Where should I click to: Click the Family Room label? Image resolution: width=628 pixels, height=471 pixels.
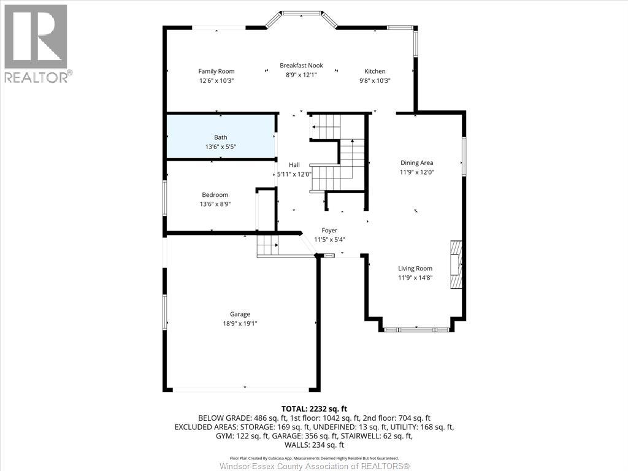pos(216,71)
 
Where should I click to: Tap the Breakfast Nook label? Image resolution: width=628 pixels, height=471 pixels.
pos(301,66)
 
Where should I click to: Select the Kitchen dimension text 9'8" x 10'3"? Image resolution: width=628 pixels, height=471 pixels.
pos(375,80)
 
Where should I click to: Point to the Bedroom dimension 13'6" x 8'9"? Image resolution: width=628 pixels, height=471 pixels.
pos(215,204)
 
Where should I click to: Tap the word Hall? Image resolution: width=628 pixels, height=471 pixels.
pos(294,165)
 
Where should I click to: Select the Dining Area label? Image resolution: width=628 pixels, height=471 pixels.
pos(416,163)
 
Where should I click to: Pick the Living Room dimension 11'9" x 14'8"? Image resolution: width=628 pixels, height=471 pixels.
pos(415,278)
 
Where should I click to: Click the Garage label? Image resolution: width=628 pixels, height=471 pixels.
pos(240,314)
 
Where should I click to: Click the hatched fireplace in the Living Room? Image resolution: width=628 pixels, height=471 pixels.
pos(455,264)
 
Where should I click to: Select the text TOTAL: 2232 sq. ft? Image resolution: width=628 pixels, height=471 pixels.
pos(314,408)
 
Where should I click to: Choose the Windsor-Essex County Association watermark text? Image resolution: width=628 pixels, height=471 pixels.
pos(314,466)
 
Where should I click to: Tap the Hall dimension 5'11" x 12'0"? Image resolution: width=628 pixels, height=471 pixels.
pos(294,174)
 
